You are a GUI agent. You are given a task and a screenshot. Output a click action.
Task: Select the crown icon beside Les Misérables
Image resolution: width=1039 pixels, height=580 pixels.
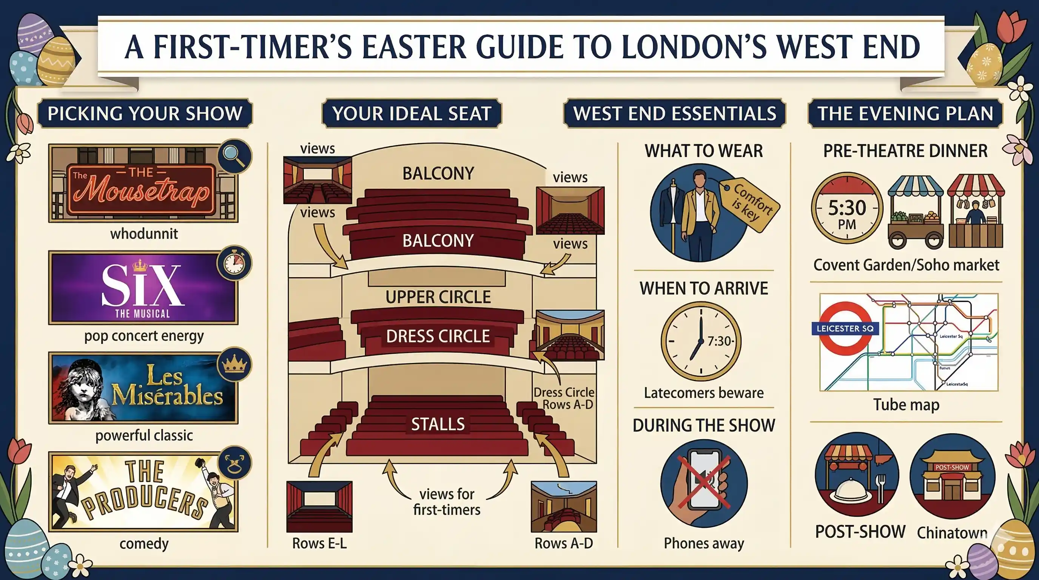point(234,365)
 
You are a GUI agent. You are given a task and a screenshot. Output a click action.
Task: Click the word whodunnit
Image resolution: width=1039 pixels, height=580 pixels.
point(144,233)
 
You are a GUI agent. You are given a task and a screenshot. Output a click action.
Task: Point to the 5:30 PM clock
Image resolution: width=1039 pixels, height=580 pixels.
point(847,208)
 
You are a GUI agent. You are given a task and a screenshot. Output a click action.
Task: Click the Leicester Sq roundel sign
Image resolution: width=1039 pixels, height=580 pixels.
point(845,328)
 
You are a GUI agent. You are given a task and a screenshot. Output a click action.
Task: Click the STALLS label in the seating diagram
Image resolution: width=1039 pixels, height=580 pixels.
point(438,424)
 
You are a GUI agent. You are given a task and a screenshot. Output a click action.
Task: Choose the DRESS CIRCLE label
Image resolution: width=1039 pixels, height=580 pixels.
point(438,336)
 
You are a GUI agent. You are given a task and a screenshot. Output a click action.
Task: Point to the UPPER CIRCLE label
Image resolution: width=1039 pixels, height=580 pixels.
point(438,297)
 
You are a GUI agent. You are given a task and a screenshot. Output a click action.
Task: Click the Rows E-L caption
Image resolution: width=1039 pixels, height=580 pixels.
point(319,543)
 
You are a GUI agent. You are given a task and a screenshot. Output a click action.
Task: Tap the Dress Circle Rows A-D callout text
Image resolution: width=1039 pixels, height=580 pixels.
point(564,398)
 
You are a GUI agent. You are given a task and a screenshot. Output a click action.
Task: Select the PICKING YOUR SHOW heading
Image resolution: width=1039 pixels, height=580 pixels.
point(145,113)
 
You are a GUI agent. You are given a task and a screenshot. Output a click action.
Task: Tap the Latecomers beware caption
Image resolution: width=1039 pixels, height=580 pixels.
point(703,393)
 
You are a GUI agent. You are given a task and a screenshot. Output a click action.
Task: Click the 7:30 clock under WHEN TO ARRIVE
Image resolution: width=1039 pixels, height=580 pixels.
point(701,341)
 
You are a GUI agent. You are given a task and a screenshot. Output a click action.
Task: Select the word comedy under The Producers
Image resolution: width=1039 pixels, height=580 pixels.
point(144,544)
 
